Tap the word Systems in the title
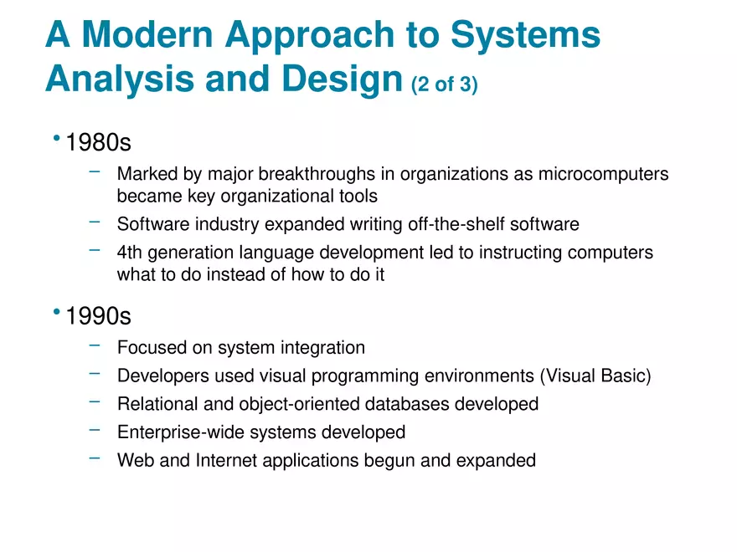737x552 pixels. pos(526,35)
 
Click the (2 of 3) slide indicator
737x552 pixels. pos(445,84)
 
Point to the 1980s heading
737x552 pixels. pos(98,143)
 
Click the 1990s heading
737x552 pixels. pos(98,317)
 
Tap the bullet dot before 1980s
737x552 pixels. pos(56,138)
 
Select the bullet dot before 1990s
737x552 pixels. pos(56,312)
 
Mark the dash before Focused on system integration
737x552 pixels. pos(95,345)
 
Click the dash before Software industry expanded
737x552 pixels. pos(95,222)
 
